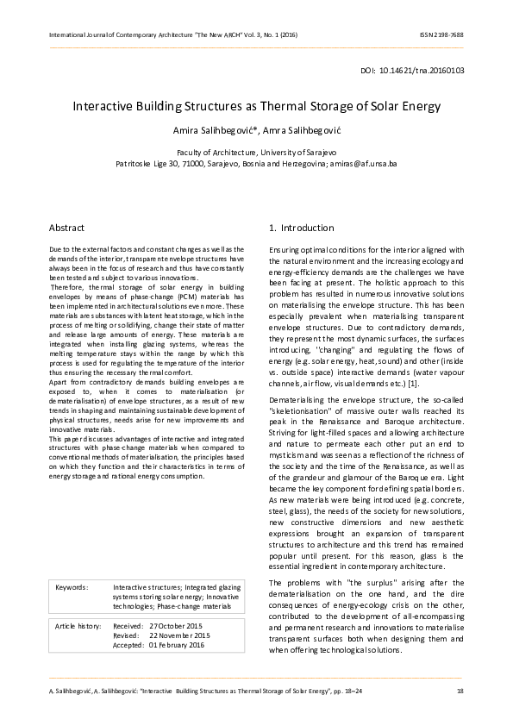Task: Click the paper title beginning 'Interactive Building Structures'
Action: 256,107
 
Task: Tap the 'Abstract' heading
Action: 66,228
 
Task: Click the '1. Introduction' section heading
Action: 301,228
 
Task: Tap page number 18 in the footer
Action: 460,692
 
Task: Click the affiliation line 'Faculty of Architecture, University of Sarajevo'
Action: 256,152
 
